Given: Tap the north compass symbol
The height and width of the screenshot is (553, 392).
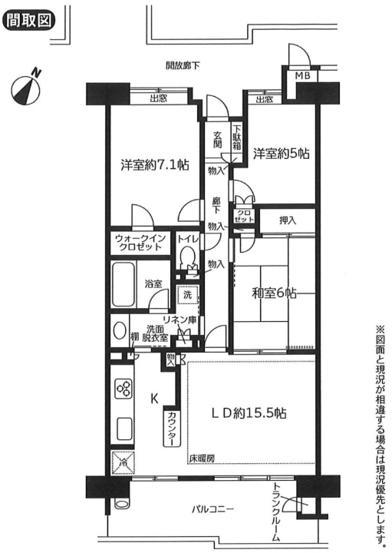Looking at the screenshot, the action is click(26, 88).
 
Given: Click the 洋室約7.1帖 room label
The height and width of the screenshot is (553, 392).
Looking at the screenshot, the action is click(155, 164).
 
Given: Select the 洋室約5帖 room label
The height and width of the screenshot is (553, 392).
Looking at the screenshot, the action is click(281, 154).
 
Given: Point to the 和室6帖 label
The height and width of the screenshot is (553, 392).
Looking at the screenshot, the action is click(274, 293).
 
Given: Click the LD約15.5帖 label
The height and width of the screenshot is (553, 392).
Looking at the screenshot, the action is click(249, 413).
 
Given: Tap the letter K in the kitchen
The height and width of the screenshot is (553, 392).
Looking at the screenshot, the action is click(154, 399).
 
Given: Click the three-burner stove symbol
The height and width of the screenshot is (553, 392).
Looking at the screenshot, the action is click(125, 389).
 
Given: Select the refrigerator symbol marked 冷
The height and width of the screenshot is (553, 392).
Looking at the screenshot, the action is click(124, 462).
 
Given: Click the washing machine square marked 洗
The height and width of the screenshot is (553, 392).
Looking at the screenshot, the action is click(188, 295).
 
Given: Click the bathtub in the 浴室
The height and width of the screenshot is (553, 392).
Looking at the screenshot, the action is click(124, 285).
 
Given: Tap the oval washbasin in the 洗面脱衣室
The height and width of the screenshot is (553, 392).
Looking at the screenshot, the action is click(120, 331).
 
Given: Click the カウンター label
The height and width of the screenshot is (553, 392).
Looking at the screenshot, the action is click(173, 428).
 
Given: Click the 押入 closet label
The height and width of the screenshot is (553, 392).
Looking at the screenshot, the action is click(288, 220).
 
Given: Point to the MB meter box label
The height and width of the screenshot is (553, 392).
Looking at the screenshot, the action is click(302, 76).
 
